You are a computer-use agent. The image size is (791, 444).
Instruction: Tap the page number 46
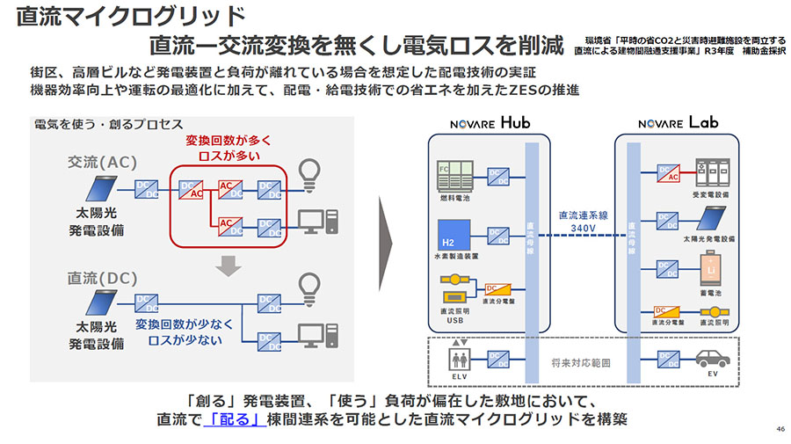(780, 429)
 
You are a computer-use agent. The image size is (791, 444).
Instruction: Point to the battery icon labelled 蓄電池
(709, 268)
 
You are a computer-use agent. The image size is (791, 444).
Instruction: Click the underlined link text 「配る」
(235, 419)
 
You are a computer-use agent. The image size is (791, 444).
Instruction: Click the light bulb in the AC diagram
(308, 170)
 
